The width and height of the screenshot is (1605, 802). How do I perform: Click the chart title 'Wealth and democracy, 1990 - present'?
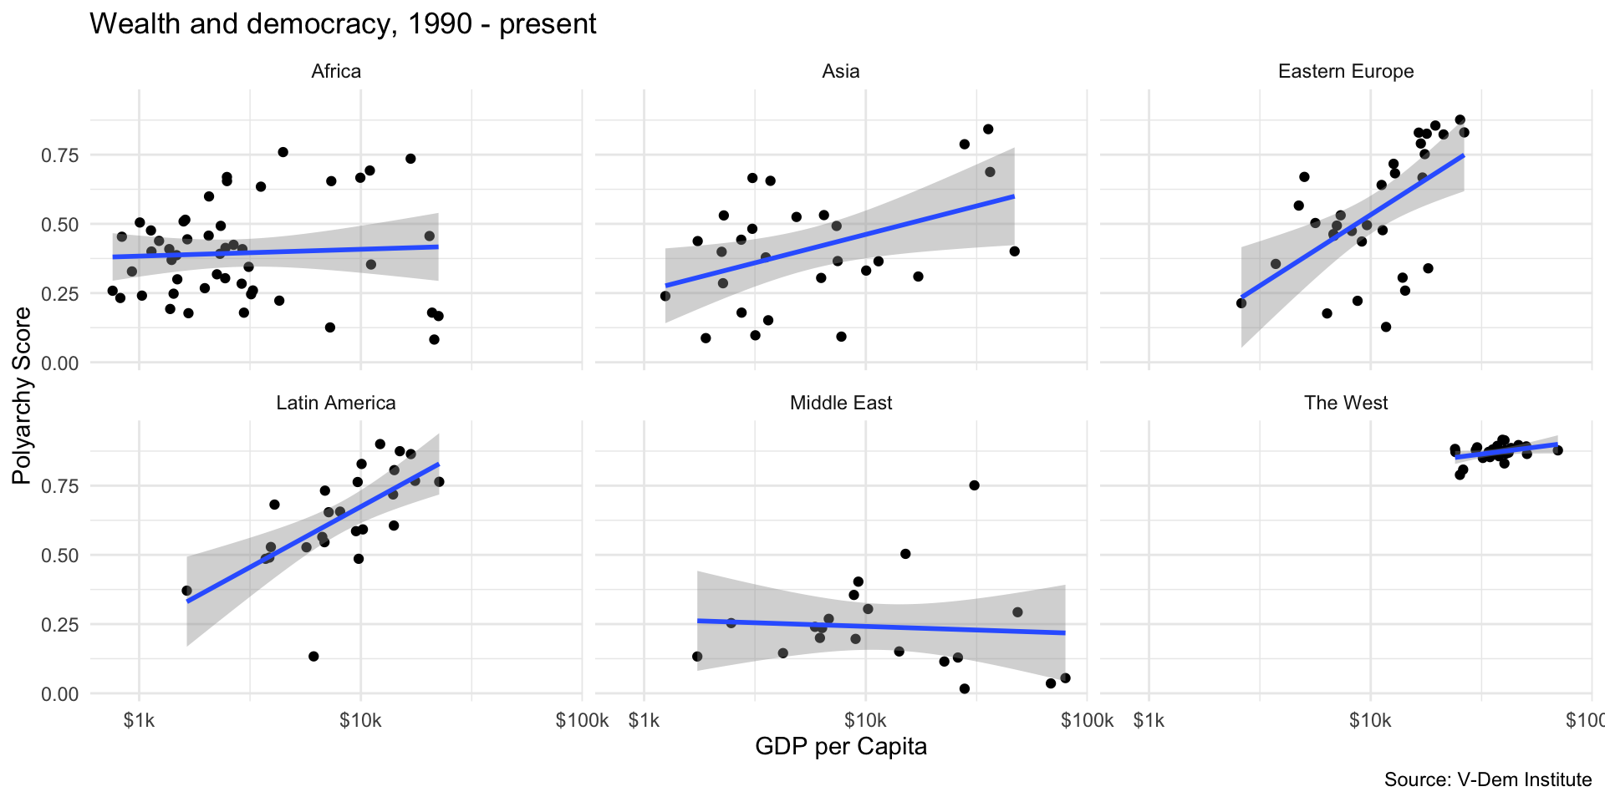point(343,23)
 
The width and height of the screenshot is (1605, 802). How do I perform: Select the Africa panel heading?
point(336,71)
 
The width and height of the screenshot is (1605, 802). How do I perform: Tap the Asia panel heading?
point(841,71)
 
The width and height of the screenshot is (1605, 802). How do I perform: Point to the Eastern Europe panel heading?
point(1346,72)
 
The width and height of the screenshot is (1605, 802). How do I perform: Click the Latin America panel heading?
point(336,403)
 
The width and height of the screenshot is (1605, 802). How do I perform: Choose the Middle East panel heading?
point(841,403)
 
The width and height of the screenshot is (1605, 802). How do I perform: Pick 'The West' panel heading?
point(1346,403)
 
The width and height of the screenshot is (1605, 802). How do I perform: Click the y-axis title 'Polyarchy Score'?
point(23,395)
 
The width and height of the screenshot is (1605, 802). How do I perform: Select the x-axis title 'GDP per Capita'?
point(841,746)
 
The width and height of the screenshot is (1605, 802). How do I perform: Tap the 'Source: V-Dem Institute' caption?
point(1488,779)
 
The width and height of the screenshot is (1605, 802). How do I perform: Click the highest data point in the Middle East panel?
point(974,485)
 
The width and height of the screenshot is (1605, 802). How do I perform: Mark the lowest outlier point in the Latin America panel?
point(313,657)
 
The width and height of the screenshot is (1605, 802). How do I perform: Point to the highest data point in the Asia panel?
point(988,129)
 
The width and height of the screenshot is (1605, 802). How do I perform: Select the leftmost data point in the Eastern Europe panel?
point(1241,303)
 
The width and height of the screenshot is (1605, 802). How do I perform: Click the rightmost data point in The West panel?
point(1557,450)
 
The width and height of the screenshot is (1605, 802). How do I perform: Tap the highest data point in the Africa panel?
point(283,152)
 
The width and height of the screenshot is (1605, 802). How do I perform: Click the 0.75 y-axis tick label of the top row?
point(61,155)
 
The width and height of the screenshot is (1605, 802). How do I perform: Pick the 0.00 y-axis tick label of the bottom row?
point(61,694)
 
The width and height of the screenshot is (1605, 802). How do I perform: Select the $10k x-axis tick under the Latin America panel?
point(361,720)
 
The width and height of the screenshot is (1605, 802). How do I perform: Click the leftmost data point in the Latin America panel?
point(186,591)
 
